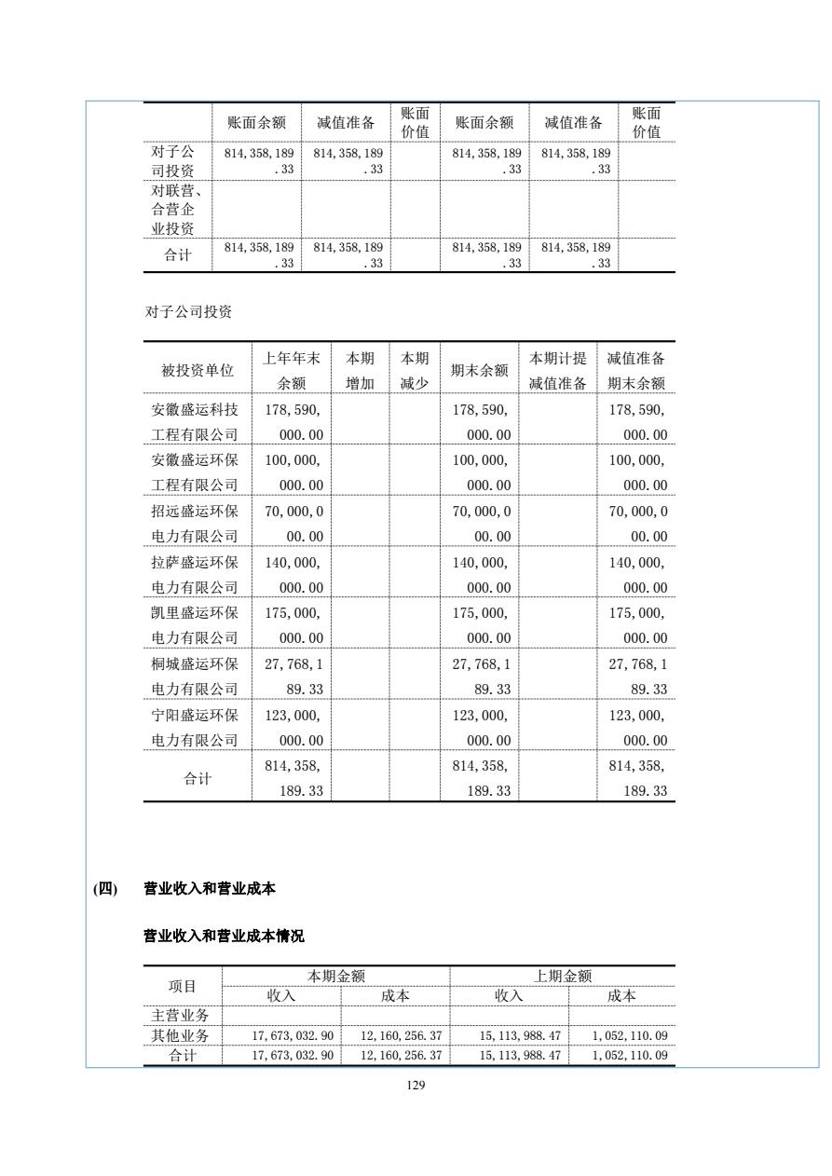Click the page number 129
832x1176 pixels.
click(x=416, y=1085)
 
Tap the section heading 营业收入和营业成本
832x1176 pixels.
click(x=209, y=889)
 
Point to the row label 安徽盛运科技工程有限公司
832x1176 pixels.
click(x=195, y=422)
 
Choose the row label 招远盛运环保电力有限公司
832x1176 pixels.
click(x=195, y=524)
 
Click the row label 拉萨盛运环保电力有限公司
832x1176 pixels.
click(x=195, y=575)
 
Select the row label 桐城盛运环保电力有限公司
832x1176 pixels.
click(x=195, y=677)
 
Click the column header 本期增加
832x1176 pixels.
click(x=360, y=371)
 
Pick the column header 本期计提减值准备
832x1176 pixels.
click(x=557, y=371)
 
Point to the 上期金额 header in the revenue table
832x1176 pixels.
click(x=562, y=976)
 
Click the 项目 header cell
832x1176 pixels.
click(x=183, y=986)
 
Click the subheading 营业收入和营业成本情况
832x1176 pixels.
click(x=223, y=937)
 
